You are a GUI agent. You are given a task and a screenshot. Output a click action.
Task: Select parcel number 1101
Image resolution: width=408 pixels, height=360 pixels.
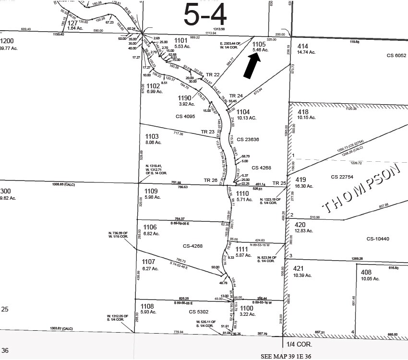click(x=180, y=41)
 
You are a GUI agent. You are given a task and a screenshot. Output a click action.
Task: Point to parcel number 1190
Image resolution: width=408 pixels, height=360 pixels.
click(x=185, y=97)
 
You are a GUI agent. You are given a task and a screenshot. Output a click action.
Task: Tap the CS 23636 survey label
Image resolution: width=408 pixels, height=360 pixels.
click(x=248, y=139)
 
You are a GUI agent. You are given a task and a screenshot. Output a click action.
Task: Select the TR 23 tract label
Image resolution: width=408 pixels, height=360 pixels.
click(x=208, y=132)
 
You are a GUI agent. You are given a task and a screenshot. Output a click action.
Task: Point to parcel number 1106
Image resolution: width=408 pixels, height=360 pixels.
click(x=150, y=227)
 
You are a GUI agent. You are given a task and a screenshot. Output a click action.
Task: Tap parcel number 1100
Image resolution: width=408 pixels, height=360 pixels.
click(x=246, y=308)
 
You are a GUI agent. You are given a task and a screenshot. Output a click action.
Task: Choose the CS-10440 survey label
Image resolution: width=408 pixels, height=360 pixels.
click(x=378, y=239)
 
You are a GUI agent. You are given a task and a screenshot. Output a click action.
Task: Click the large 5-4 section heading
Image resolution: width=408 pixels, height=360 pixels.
click(x=205, y=15)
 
